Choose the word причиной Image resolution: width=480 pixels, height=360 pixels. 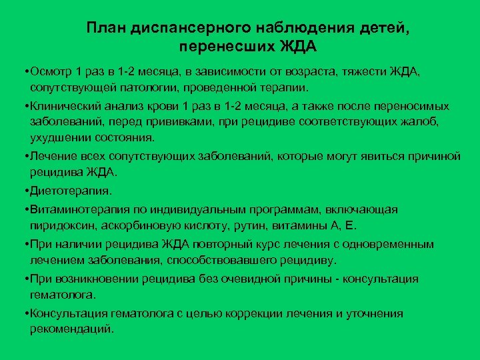(430, 156)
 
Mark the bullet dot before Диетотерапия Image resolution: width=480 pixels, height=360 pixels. (24, 191)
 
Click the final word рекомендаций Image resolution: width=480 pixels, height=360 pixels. (72, 329)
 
